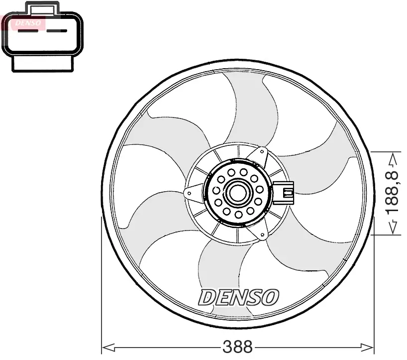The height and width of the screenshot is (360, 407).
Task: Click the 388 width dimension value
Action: point(237,347)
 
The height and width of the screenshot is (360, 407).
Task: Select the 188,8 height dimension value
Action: point(392,193)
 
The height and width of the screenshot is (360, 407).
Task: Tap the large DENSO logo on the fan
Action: point(238,297)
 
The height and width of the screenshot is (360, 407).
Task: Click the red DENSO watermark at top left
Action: point(28,23)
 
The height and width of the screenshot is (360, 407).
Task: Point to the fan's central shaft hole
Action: point(237,193)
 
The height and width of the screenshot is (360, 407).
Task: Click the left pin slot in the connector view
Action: point(28,31)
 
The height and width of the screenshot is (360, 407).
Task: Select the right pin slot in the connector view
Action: point(57,31)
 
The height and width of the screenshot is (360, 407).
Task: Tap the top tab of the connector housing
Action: point(42,8)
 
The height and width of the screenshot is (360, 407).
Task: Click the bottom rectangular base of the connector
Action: point(43,64)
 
